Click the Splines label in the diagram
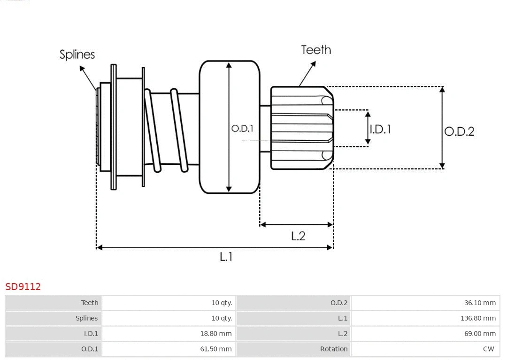(x=77, y=54)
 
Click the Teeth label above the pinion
(x=316, y=50)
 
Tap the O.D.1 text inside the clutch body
(x=242, y=129)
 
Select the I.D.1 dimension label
(x=380, y=129)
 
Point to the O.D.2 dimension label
(x=459, y=131)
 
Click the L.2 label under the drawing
(x=298, y=236)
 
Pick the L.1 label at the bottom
(x=226, y=257)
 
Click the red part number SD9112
(x=23, y=287)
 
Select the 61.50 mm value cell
(x=216, y=349)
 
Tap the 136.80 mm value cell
(x=478, y=318)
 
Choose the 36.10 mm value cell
(x=480, y=303)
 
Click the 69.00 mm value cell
(x=480, y=334)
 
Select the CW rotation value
(x=488, y=349)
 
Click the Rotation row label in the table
(x=334, y=349)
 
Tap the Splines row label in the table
(x=86, y=318)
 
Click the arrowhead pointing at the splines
(x=82, y=69)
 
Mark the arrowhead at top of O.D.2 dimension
(x=442, y=89)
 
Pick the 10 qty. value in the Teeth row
(x=222, y=303)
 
